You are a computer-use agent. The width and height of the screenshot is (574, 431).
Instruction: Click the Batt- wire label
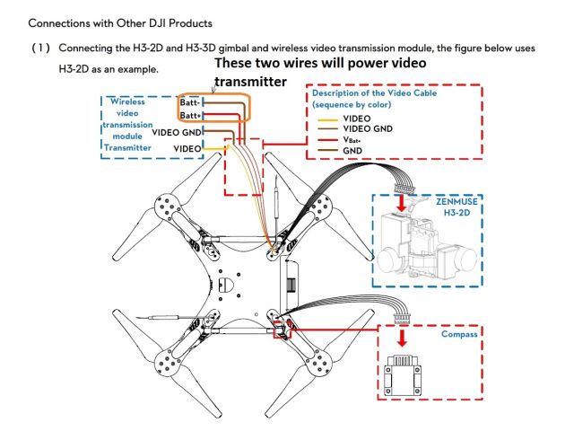[188, 104]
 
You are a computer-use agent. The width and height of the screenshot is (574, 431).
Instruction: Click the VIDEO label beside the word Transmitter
[187, 147]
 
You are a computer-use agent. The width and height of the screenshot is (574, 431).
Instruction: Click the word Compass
[458, 334]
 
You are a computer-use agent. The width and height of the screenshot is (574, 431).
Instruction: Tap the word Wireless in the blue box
[127, 101]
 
